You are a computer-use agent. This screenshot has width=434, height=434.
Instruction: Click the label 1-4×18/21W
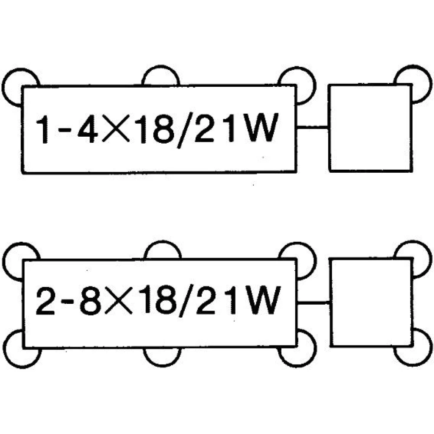(157, 129)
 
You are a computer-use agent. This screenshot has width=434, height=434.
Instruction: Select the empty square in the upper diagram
(370, 128)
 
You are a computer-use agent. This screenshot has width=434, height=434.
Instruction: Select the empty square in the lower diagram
(371, 302)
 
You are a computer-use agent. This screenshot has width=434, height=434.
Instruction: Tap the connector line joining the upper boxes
(312, 127)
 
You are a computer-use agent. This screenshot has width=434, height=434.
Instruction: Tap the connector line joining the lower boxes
(313, 302)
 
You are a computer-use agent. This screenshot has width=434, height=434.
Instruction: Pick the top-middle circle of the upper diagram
(161, 67)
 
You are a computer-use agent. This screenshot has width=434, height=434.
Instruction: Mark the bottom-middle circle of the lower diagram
(162, 365)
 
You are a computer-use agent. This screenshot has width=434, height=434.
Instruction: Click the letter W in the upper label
(262, 128)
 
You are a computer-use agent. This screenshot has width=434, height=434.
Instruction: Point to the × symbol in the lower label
(118, 301)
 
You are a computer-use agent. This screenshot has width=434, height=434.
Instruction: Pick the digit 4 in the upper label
(88, 128)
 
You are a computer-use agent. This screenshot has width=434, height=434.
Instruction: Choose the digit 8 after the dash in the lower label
(90, 301)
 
